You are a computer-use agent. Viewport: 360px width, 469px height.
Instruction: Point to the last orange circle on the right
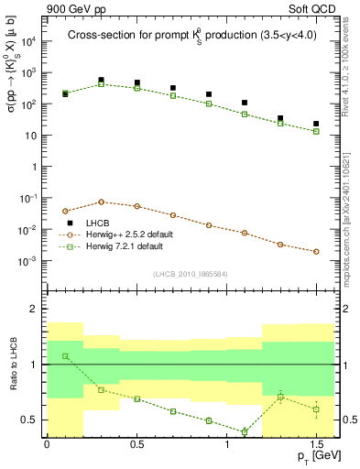click(316, 251)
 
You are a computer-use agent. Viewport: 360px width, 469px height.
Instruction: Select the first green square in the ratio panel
click(65, 355)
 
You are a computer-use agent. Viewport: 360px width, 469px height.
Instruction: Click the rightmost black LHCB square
click(316, 124)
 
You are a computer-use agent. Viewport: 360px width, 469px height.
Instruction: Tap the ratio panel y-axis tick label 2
click(34, 310)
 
